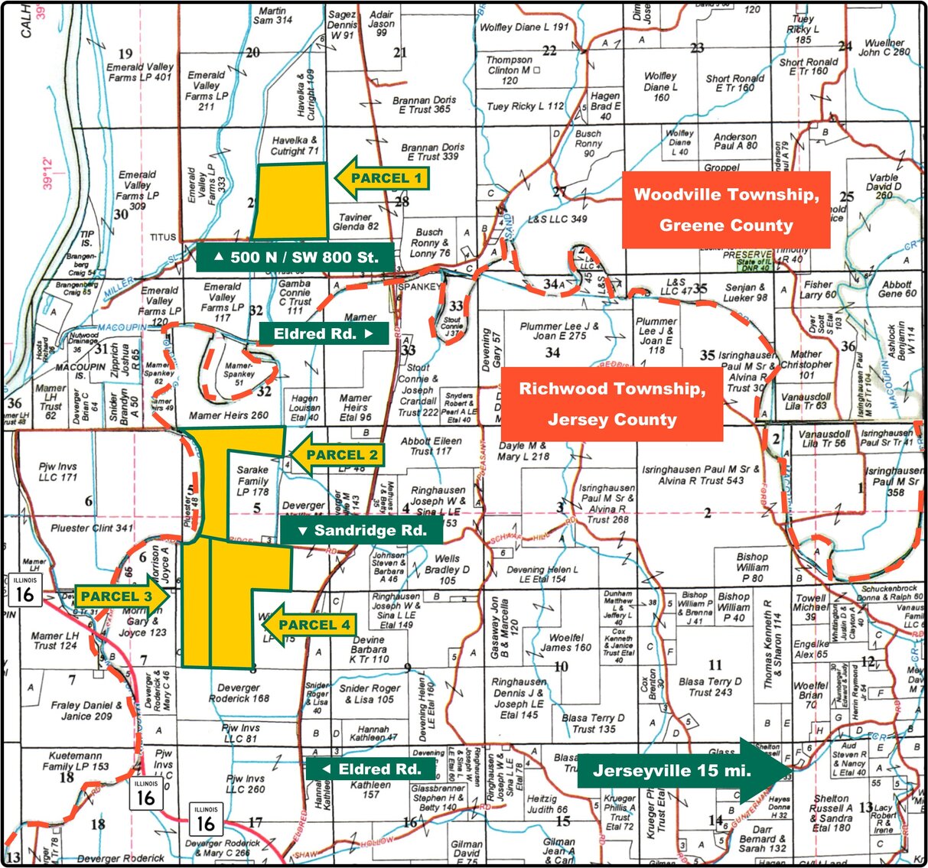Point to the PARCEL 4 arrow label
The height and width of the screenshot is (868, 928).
click(310, 625)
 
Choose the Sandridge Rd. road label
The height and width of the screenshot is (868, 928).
click(361, 530)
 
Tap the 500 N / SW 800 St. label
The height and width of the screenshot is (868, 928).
click(295, 258)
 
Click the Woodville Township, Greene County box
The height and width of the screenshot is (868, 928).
click(725, 210)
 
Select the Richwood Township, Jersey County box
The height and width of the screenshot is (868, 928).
click(611, 404)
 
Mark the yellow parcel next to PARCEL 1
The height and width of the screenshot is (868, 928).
click(290, 200)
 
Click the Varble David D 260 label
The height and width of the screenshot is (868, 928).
click(884, 186)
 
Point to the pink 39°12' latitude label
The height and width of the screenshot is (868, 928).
click(48, 173)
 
